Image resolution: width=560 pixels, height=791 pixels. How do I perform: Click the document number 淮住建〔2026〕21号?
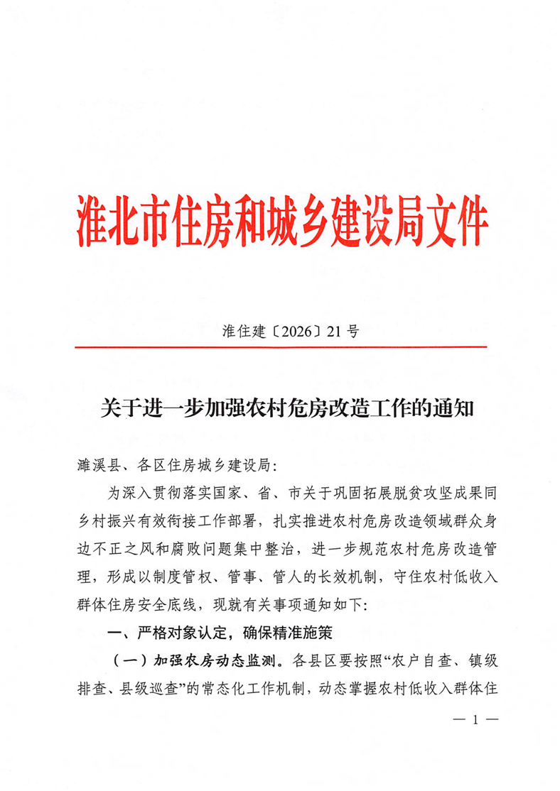click(x=280, y=331)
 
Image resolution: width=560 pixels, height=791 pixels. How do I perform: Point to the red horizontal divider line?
click(x=281, y=347)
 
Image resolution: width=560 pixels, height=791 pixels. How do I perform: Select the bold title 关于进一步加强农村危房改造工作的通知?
click(x=280, y=410)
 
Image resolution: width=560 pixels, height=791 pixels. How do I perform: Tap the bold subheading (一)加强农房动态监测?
click(x=195, y=660)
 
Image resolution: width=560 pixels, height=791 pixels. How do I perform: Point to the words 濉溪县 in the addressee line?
click(x=95, y=466)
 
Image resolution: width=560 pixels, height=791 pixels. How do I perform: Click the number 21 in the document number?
click(x=335, y=331)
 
